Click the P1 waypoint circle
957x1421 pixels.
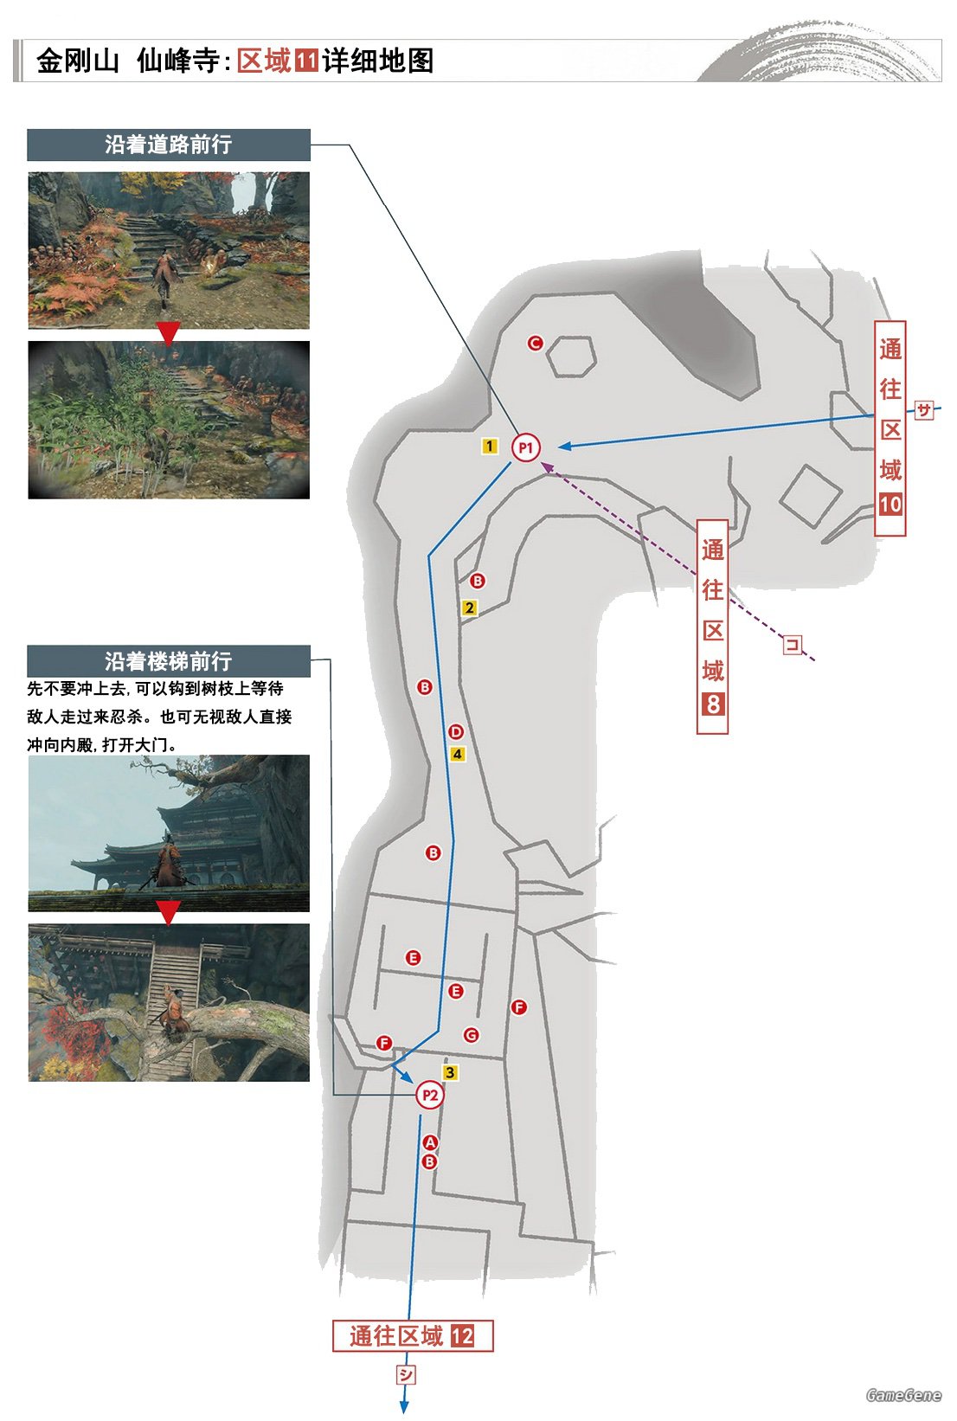pos(526,448)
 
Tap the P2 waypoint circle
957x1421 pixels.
pos(429,1095)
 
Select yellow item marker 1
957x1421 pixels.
pos(489,447)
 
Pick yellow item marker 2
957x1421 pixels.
pos(469,608)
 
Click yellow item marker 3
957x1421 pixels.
pos(450,1072)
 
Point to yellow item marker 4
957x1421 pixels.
pos(457,754)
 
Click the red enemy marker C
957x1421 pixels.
pos(536,344)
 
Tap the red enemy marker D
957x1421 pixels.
pos(456,732)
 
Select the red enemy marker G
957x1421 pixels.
pos(472,1035)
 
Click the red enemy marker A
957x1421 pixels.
pos(430,1142)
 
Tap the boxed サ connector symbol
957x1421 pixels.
pos(924,410)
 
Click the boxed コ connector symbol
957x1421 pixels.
pos(793,645)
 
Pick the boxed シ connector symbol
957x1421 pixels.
pos(406,1374)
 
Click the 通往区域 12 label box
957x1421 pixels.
pos(413,1336)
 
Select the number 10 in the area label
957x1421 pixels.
pos(890,505)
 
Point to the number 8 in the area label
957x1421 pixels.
pos(712,704)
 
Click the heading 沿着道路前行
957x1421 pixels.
pos(169,145)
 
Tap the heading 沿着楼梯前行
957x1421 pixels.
pos(169,661)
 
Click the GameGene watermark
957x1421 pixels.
pos(903,1394)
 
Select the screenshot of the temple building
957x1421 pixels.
pos(169,833)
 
